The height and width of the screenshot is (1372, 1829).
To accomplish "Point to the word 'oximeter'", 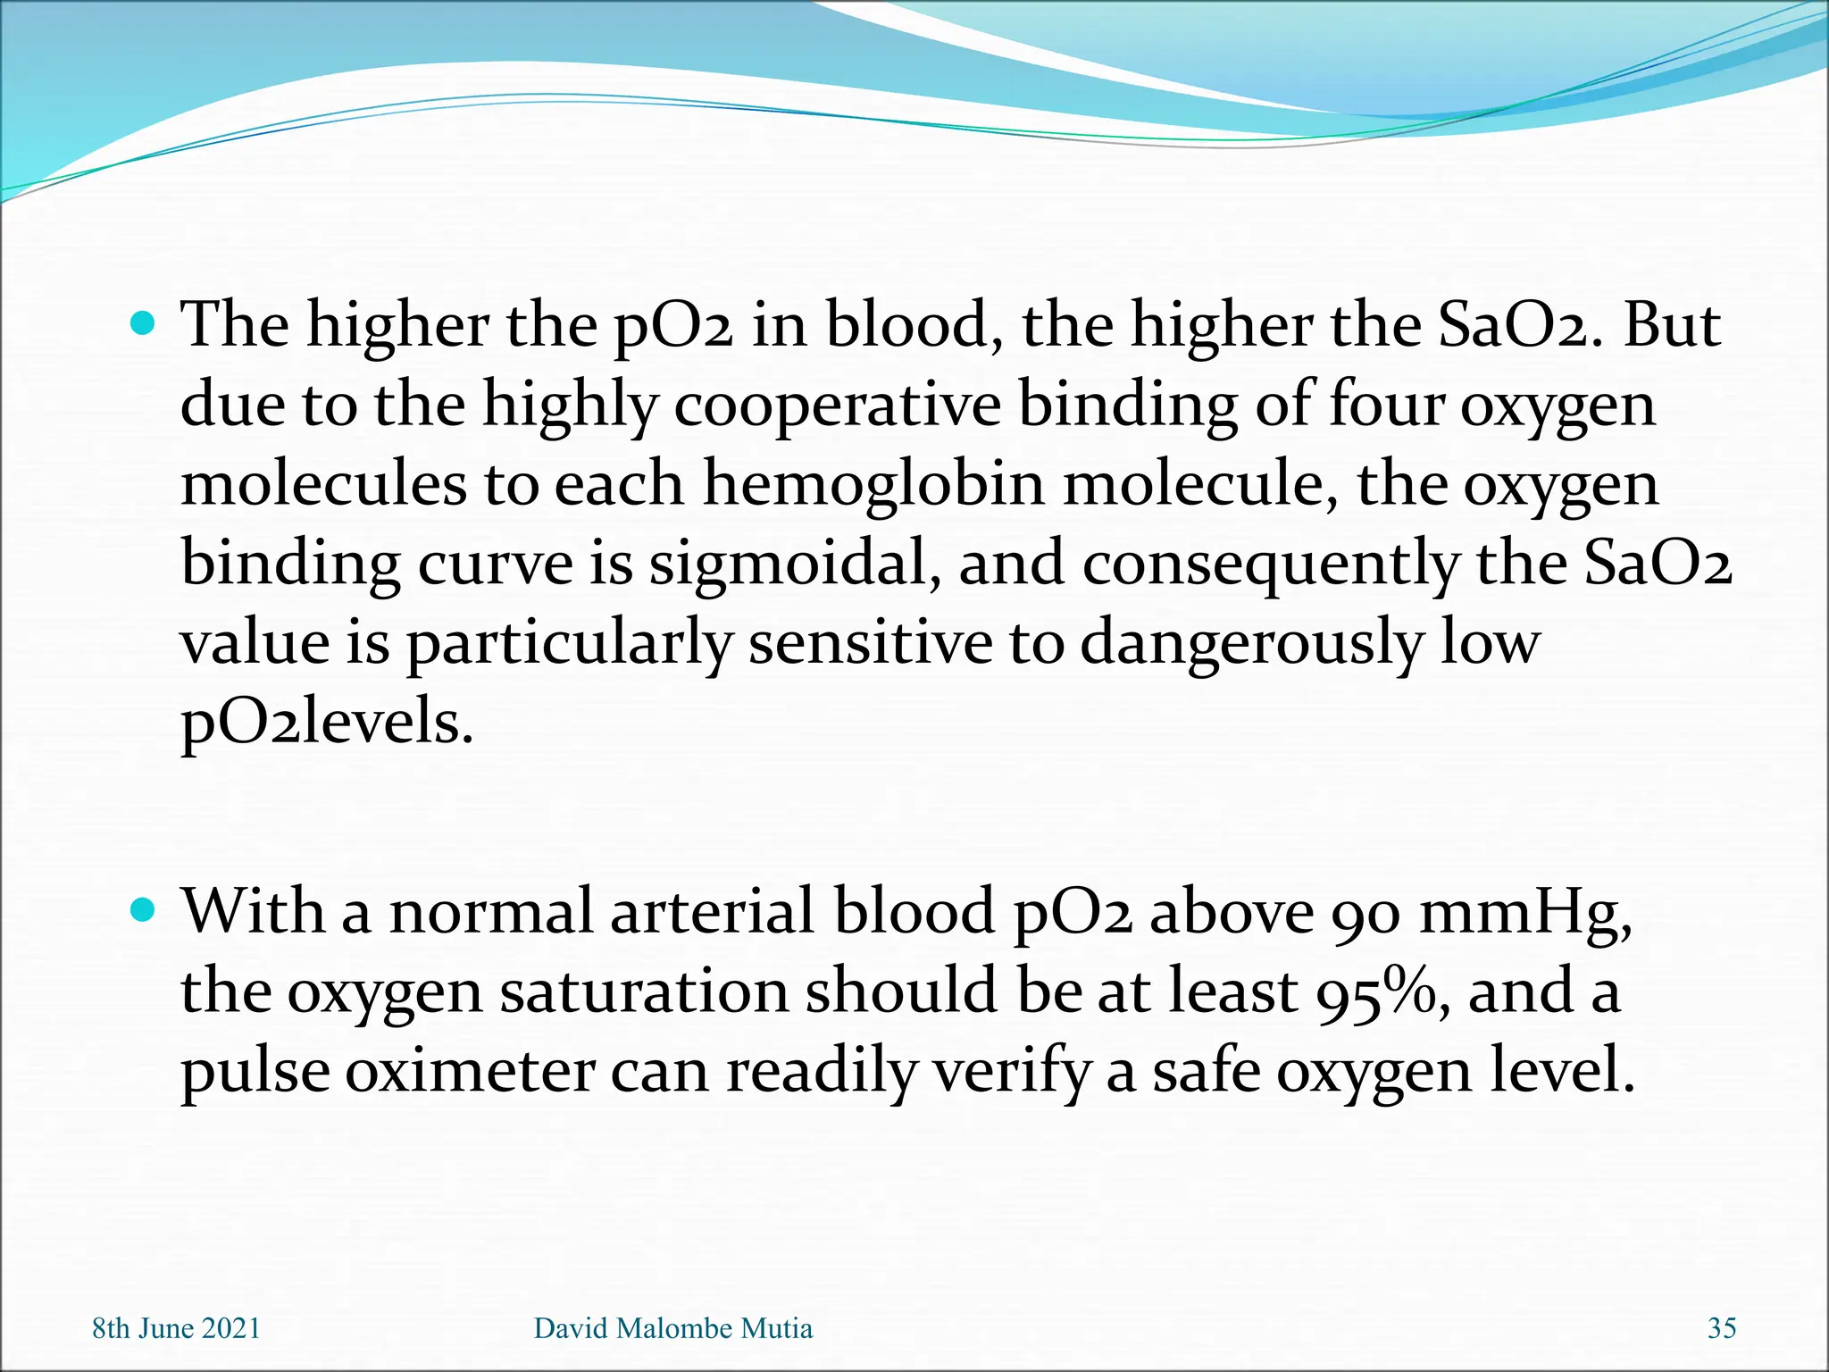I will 470,1070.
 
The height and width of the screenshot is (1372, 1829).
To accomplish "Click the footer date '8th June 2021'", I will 176,1328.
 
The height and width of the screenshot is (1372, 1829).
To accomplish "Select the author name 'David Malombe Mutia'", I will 673,1328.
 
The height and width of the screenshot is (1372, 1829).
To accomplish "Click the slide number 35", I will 1722,1328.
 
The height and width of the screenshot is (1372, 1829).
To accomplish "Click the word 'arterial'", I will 713,911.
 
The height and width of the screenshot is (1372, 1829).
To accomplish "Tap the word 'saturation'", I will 644,991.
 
